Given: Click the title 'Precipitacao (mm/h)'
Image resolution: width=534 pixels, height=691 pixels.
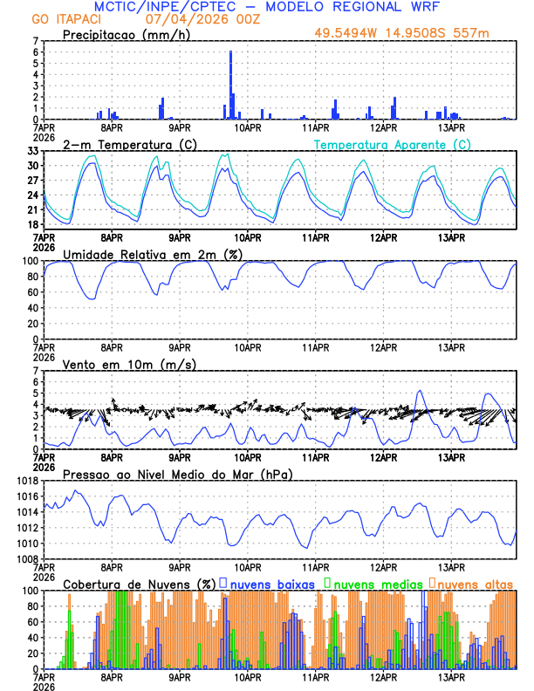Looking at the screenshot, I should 123,34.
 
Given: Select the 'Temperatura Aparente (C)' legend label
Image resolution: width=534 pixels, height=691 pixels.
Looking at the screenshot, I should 393,144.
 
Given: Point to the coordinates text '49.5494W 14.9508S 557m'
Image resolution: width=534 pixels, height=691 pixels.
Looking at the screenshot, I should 414,33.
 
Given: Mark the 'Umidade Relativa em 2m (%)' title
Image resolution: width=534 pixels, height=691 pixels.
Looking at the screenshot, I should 153,254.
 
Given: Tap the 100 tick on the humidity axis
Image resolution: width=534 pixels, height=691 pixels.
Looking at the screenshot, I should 31,261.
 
